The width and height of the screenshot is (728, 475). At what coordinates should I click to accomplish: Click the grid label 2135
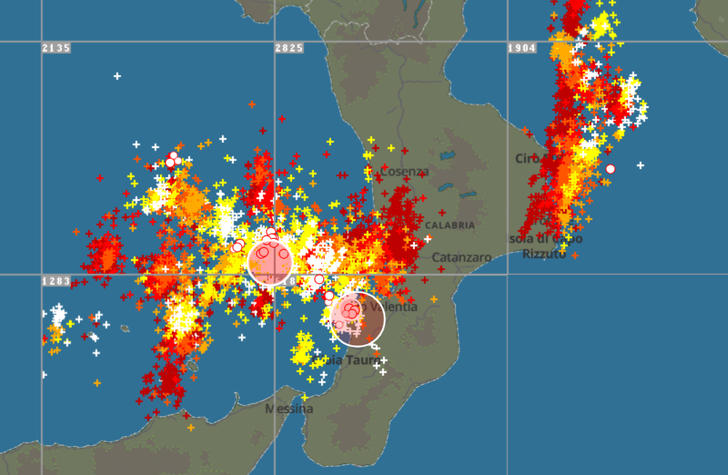[56, 48]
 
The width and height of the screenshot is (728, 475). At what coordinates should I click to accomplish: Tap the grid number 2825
[288, 48]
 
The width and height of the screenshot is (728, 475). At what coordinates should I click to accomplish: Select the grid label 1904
[521, 48]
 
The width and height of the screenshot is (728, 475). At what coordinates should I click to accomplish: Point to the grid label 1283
[56, 281]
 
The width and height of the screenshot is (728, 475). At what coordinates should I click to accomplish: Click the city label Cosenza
[405, 171]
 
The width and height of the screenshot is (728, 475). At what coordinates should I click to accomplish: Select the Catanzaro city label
[462, 257]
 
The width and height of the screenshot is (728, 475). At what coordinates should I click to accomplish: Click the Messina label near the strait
[289, 409]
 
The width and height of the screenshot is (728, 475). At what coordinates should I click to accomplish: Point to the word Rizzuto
[544, 254]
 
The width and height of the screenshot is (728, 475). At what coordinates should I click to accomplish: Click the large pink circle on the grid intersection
[270, 262]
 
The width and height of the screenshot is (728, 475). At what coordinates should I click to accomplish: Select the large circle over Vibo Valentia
[357, 318]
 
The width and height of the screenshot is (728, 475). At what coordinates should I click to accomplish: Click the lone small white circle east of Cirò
[610, 169]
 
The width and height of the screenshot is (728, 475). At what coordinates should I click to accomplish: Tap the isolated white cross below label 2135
[117, 76]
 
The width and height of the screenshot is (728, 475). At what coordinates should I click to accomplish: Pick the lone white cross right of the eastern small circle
[640, 165]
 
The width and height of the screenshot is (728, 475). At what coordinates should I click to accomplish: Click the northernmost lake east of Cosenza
[446, 155]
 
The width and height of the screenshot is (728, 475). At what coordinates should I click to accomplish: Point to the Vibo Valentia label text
[393, 307]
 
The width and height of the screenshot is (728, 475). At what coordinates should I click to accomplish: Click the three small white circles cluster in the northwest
[173, 160]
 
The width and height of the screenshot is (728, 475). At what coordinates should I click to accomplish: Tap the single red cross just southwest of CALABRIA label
[427, 239]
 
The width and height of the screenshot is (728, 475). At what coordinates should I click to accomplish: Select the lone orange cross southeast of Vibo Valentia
[433, 299]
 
